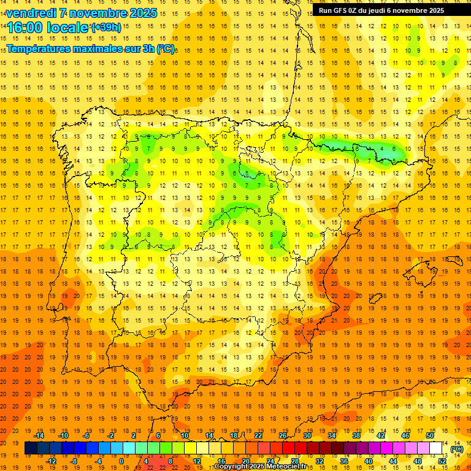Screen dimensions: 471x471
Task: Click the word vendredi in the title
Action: (31, 13)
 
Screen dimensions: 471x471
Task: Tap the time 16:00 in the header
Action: (25, 28)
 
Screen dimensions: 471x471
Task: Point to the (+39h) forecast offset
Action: (105, 28)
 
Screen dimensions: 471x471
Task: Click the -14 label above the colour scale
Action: (40, 435)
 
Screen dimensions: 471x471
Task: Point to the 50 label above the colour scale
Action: (430, 435)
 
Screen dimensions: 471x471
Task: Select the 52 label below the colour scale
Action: (442, 461)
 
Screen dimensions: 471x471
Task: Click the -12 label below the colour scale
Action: (52, 461)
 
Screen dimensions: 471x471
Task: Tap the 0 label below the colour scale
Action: (121, 461)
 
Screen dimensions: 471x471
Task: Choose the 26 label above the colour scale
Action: (283, 435)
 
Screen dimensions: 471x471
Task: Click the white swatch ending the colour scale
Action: (436, 448)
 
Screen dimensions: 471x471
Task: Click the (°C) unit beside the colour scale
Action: (457, 449)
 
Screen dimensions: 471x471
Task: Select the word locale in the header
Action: (68, 28)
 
